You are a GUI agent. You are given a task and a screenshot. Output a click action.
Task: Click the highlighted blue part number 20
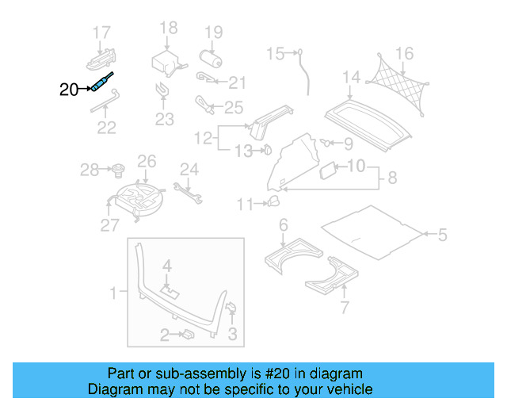[x=102, y=83]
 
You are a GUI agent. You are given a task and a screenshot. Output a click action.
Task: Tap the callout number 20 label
[x=69, y=90]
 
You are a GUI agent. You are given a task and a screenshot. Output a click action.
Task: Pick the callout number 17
[x=101, y=33]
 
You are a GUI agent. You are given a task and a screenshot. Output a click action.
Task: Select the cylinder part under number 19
[x=211, y=59]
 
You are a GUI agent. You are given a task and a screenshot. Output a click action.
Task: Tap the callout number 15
[x=274, y=53]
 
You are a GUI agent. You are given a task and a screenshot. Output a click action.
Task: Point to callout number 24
[x=188, y=168]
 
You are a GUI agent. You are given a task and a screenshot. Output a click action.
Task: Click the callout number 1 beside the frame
[x=112, y=293]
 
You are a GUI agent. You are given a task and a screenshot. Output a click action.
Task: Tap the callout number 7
[x=343, y=307]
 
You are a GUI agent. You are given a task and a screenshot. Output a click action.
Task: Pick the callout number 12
[x=204, y=138]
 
